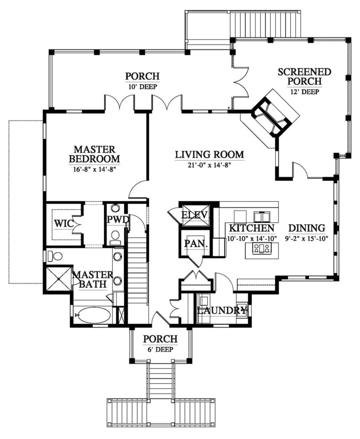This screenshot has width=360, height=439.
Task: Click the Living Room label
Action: coord(210,154)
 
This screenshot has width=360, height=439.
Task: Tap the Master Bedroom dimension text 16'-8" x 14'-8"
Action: coord(95,169)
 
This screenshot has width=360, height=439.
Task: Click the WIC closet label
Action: coord(63,223)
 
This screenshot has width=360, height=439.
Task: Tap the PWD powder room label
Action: coord(117,219)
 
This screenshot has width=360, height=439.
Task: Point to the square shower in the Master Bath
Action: coord(59,279)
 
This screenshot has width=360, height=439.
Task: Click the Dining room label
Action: coord(307,228)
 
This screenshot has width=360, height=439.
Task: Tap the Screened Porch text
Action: coord(305,76)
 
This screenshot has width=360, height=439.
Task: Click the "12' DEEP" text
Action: coord(305,92)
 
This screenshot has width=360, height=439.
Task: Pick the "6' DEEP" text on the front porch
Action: coord(160,349)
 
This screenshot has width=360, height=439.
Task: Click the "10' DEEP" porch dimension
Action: coord(142,86)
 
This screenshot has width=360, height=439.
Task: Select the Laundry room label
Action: coord(222,310)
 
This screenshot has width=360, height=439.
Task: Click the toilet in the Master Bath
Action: coord(54,256)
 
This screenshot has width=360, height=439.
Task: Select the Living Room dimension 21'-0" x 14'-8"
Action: coord(210,165)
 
